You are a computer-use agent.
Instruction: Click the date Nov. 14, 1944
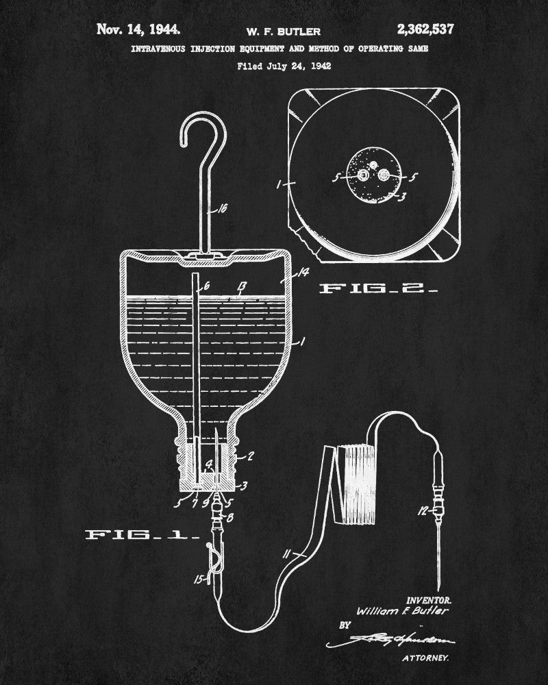139,29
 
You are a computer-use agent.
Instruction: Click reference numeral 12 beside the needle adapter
422,510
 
